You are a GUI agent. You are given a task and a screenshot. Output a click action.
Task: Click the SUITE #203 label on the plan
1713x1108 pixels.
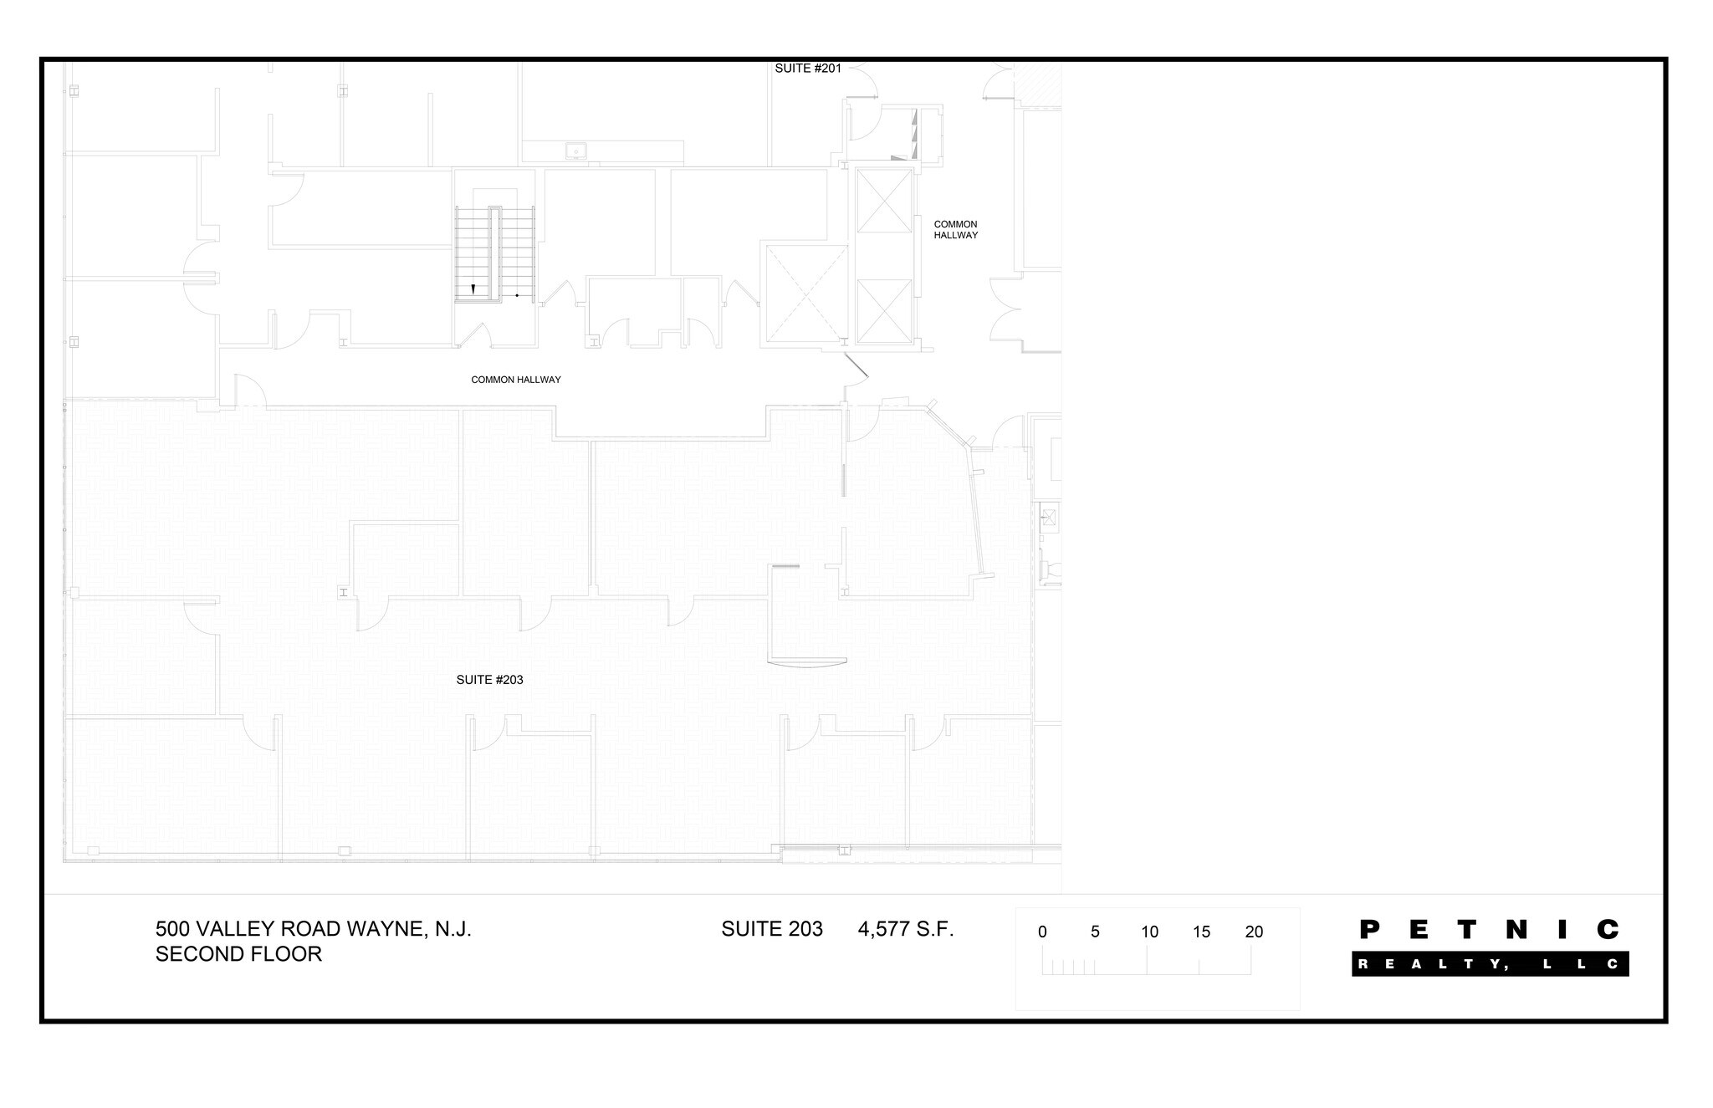coord(489,680)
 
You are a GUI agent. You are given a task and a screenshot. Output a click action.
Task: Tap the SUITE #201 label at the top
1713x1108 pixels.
coord(808,69)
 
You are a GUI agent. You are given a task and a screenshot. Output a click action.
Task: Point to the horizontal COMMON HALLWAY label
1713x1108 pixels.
coord(516,380)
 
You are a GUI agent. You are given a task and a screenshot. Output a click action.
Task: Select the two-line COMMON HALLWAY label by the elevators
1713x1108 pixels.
coord(956,230)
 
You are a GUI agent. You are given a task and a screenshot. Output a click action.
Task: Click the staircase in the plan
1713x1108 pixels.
coord(494,254)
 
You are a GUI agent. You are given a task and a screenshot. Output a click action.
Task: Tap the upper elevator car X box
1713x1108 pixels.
coord(884,201)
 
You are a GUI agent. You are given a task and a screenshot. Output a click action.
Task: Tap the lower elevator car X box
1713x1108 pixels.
coord(884,312)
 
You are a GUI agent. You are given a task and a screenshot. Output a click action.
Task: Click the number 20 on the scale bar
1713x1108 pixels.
coord(1254,932)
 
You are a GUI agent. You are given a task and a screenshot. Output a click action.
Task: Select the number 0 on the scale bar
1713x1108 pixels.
coord(1042,932)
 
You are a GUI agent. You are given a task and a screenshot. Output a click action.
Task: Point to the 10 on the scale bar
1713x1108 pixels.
coord(1149,932)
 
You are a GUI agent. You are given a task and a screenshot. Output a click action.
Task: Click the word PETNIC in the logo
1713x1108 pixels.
coord(1490,929)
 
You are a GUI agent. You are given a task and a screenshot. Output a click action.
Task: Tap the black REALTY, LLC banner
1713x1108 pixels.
coord(1491,964)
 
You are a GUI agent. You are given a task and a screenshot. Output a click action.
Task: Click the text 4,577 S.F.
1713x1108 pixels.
coord(906,929)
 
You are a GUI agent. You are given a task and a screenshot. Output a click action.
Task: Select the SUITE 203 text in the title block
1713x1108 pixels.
coord(772,929)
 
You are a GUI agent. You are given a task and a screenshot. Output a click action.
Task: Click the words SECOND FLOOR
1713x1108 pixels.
coord(238,954)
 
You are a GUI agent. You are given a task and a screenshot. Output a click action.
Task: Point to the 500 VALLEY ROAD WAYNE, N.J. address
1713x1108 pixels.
coord(314,929)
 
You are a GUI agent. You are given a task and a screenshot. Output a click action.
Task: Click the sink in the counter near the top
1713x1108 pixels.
coord(575,151)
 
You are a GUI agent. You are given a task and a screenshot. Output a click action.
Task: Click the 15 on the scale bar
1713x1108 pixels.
coord(1201,932)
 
